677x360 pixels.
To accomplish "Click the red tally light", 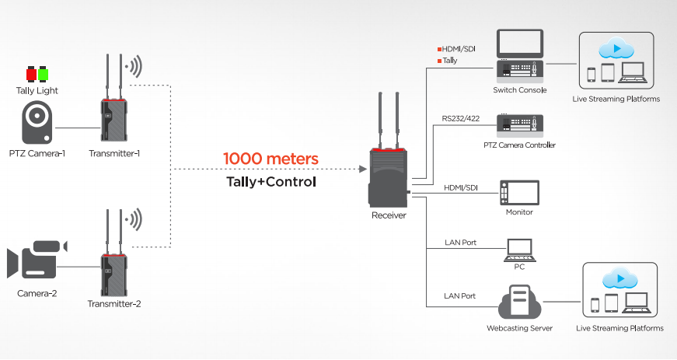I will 32,75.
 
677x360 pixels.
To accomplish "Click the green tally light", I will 44,75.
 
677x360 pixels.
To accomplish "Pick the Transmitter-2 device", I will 113,269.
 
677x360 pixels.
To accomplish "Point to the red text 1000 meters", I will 270,159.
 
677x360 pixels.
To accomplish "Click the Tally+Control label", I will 270,181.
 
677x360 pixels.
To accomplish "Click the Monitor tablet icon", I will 519,192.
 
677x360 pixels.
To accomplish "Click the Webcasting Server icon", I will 519,303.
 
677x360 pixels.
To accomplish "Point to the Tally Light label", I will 37,91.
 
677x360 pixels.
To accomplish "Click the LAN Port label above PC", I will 461,243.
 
